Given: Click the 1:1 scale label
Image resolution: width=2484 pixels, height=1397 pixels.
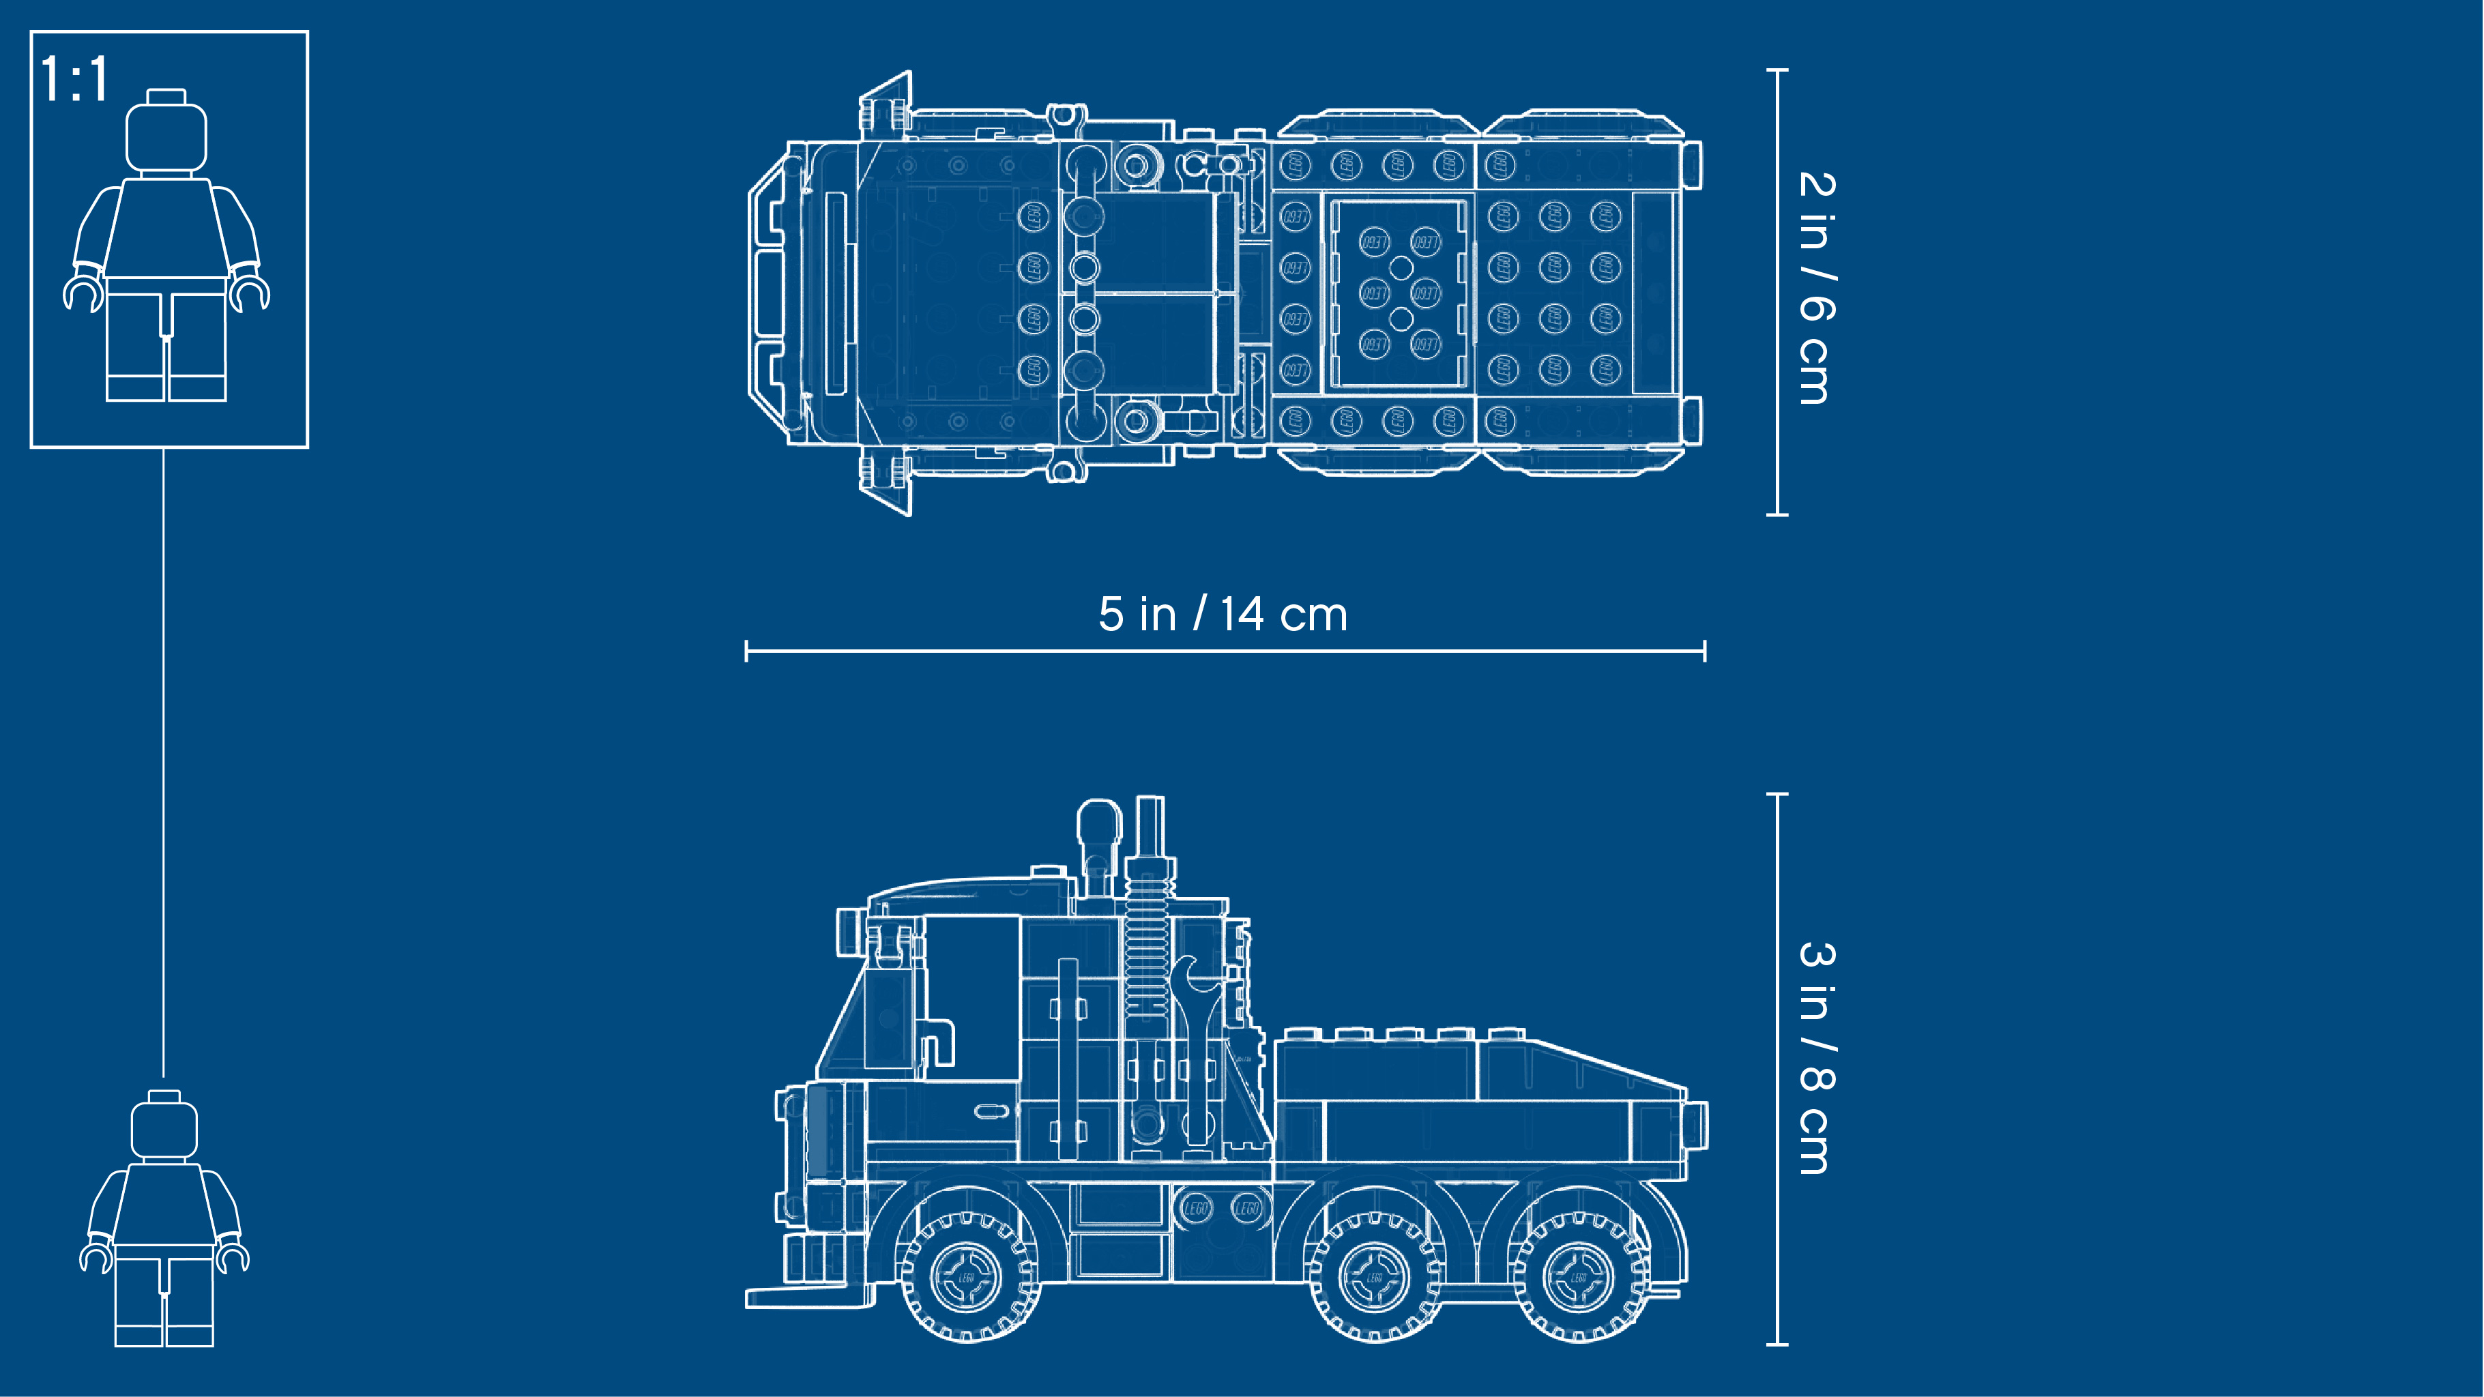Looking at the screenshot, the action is pyautogui.click(x=74, y=79).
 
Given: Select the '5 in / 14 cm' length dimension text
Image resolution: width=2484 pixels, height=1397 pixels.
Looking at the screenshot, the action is pyautogui.click(x=1223, y=614).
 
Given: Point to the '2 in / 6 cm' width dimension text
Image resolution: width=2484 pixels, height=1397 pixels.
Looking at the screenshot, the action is pyautogui.click(x=1817, y=287).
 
